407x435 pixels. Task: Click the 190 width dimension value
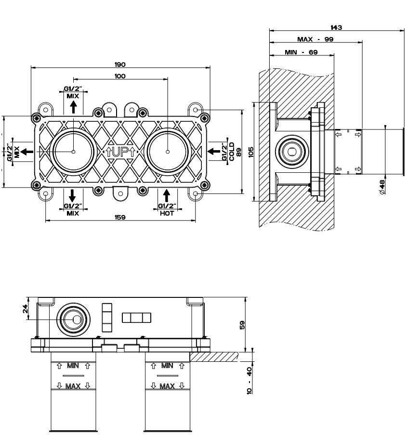coord(120,64)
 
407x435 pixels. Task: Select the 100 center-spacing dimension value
coord(120,77)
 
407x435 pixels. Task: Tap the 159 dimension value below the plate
coord(120,217)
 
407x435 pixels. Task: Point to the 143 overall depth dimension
coord(336,27)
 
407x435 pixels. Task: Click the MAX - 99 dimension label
coord(315,39)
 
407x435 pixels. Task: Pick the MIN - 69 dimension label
coord(301,52)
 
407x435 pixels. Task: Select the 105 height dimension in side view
coord(251,153)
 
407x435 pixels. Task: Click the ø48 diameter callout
coord(382,187)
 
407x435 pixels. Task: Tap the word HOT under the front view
coord(167,213)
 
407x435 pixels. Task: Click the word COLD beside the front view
coord(232,152)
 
